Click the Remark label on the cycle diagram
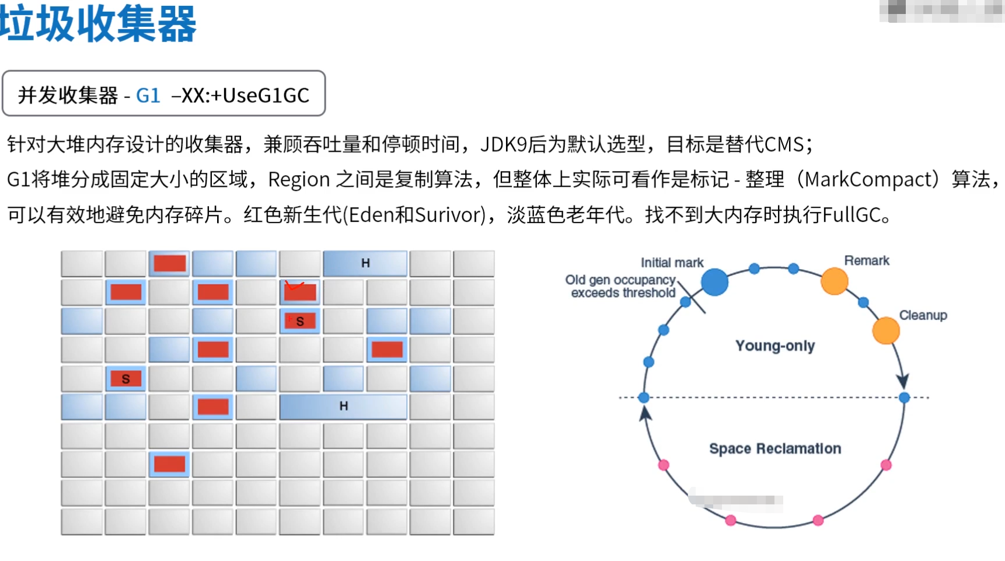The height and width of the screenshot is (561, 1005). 866,260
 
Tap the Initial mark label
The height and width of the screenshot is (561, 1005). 672,263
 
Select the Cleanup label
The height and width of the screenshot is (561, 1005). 923,315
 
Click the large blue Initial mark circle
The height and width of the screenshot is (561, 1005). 714,283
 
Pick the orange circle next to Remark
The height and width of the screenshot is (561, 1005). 834,281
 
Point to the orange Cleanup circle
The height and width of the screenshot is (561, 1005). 885,330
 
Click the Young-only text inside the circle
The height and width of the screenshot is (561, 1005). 774,346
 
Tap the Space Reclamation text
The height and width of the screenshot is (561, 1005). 774,448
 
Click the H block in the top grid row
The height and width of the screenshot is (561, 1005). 365,263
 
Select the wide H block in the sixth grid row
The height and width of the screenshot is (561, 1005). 343,406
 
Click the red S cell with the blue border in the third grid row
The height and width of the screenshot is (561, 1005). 300,321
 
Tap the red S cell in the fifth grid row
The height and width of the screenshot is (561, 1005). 125,379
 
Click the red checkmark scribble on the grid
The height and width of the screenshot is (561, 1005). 294,285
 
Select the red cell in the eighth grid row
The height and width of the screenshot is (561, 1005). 169,464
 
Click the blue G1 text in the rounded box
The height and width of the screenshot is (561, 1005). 148,95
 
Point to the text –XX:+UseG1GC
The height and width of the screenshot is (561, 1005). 240,95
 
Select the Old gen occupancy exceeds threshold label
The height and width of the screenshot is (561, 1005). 620,287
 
